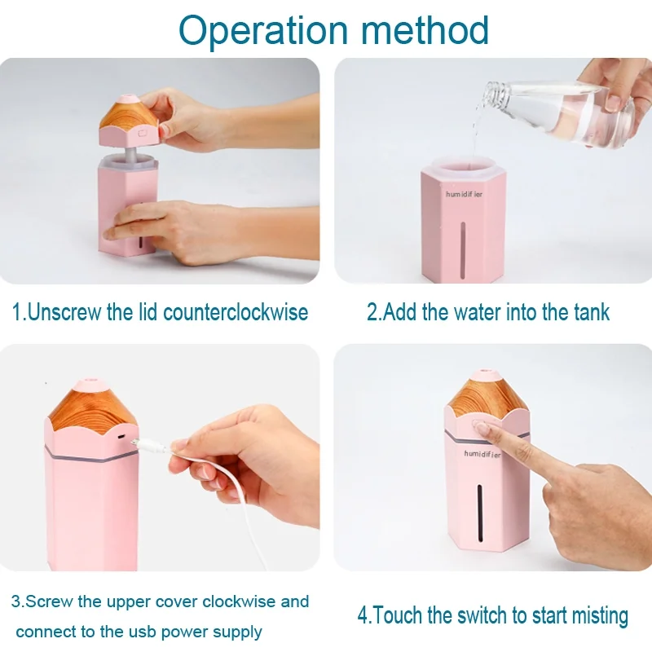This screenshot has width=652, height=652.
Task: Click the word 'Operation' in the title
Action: (263, 30)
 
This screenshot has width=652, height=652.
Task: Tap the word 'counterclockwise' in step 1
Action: (236, 312)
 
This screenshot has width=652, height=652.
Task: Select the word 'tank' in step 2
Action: (592, 312)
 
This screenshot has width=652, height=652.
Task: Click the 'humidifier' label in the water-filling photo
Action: (464, 194)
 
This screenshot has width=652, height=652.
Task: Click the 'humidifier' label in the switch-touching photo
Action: (482, 454)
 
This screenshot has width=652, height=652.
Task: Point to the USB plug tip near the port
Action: (134, 443)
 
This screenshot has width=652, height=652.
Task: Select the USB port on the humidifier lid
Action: (121, 438)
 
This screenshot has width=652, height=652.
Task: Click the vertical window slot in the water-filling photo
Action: (463, 249)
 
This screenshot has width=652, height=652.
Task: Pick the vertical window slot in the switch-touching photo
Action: (480, 513)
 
